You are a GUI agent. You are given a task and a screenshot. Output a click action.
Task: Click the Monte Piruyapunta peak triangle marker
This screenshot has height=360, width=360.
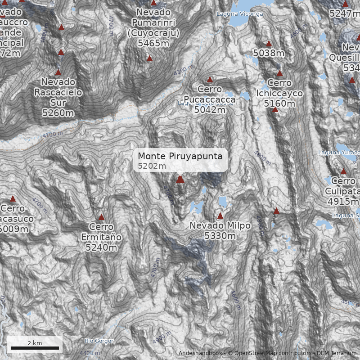180,180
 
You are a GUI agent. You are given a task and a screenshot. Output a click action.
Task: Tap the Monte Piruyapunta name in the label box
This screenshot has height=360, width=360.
180,156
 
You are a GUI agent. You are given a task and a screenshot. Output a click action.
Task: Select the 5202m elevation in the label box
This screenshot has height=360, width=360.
152,166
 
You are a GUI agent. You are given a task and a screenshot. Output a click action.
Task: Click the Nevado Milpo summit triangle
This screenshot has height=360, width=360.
220,216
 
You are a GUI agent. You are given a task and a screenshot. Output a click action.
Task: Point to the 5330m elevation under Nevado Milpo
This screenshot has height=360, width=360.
220,236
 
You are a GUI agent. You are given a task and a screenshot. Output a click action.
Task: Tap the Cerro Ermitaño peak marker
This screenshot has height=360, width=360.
101,217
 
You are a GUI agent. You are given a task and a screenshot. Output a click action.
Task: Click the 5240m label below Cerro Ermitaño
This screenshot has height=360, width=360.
101,247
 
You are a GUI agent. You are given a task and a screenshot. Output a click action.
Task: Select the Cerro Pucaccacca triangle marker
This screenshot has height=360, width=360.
210,80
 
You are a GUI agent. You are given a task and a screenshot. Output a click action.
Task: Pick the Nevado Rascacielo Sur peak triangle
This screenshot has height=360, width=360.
58,72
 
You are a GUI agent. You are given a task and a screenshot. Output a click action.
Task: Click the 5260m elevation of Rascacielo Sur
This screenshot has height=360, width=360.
58,113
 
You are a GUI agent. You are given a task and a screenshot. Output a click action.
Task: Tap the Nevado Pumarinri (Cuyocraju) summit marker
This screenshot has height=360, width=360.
149,58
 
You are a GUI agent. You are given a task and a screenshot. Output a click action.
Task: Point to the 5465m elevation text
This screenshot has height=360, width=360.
153,43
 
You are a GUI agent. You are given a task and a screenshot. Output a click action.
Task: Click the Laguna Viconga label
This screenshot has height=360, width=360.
239,14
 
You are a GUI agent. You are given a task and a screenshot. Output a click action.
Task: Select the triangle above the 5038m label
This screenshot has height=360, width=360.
269,44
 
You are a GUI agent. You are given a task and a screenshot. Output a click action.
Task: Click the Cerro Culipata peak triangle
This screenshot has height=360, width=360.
343,171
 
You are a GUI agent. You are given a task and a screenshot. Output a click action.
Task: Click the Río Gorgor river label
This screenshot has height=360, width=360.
99,341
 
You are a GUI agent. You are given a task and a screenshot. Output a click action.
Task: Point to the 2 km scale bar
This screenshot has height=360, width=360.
35,348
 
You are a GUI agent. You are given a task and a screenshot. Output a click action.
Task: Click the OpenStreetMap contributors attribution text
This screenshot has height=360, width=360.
269,353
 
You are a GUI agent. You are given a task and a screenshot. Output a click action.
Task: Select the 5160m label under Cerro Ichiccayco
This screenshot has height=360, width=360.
279,104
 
